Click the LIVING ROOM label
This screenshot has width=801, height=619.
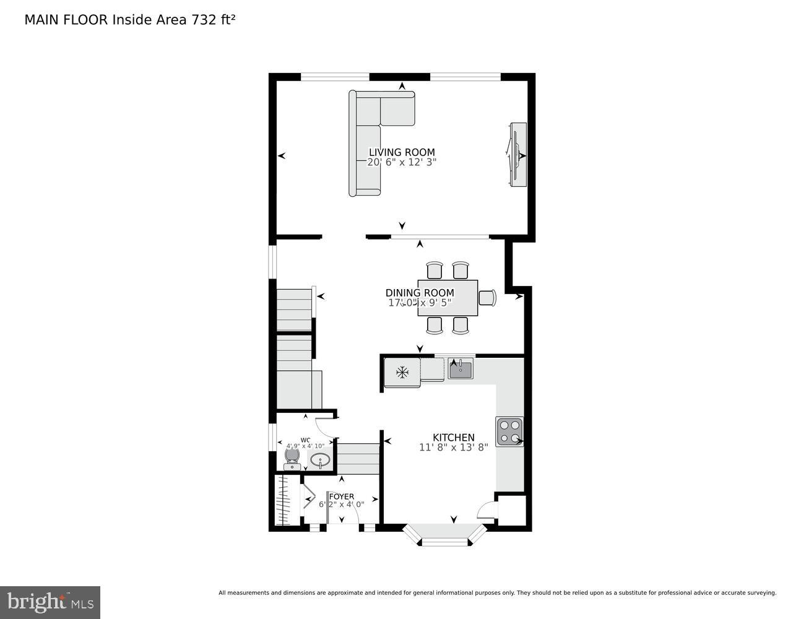tap(402, 152)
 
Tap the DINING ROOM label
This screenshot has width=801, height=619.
tap(420, 293)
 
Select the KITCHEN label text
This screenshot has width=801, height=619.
tap(453, 438)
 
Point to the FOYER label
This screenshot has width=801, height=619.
tap(342, 496)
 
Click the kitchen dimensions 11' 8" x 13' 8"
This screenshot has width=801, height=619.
tap(453, 448)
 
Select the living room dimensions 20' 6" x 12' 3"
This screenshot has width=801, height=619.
tap(402, 162)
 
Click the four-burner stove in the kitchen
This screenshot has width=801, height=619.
tap(509, 431)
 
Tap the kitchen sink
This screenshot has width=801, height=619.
tap(461, 370)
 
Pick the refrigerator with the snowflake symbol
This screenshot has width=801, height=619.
tap(402, 373)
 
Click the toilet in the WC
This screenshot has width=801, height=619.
tap(292, 458)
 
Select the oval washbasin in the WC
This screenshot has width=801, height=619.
tap(320, 460)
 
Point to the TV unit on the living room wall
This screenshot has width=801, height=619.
tap(517, 154)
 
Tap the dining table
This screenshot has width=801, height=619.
tap(448, 298)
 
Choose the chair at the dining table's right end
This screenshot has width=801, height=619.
tap(488, 298)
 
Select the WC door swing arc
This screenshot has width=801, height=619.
tap(324, 426)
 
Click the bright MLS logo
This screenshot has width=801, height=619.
tap(50, 602)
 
